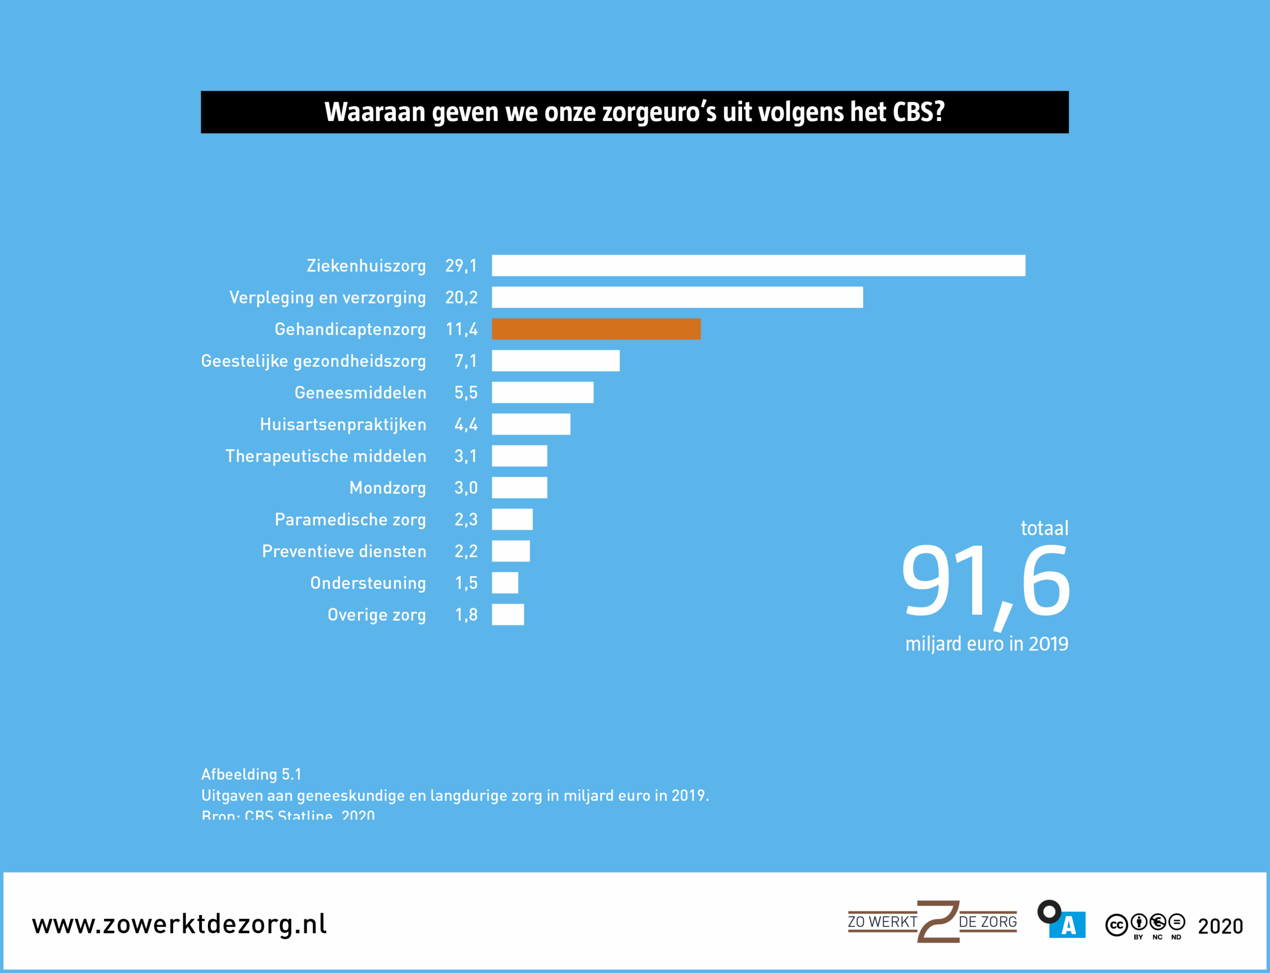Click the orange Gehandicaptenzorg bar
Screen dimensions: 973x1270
tap(596, 329)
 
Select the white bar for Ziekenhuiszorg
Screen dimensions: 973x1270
tap(758, 265)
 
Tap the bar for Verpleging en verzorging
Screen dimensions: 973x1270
tap(677, 297)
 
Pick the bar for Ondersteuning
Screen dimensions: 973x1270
tap(505, 582)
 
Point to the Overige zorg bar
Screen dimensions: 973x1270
tap(508, 615)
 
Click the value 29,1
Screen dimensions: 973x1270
tap(461, 266)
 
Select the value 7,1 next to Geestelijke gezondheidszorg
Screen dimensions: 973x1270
tap(466, 361)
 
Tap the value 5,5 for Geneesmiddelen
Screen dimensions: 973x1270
tap(466, 393)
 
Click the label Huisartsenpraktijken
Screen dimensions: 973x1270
tap(343, 424)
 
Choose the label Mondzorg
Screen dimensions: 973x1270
tap(387, 488)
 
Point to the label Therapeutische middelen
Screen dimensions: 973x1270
tap(326, 457)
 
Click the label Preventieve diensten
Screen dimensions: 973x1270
tap(344, 551)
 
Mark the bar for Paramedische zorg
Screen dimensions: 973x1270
tap(512, 519)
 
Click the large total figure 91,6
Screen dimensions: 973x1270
tap(985, 582)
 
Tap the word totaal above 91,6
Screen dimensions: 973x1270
tap(1044, 528)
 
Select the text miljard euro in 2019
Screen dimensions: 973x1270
tap(987, 643)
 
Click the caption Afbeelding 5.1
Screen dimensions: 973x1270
tap(251, 774)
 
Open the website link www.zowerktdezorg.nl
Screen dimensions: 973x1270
tap(179, 924)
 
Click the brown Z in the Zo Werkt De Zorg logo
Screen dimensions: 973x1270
tap(938, 921)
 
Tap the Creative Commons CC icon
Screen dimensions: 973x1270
tap(1116, 925)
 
